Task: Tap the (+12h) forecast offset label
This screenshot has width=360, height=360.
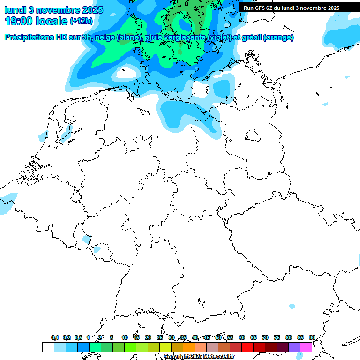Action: (81, 21)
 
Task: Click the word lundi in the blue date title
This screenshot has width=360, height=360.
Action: (15, 9)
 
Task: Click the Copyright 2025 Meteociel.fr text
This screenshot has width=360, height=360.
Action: (199, 356)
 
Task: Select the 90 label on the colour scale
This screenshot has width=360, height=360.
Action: (312, 337)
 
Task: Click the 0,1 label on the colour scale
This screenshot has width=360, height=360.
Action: (54, 337)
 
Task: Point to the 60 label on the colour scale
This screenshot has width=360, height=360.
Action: (241, 337)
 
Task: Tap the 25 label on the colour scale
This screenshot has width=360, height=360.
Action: (159, 337)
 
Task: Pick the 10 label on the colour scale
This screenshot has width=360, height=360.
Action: (124, 337)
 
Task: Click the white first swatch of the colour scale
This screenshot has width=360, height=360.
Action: (48, 347)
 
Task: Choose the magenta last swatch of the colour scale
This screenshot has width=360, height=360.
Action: (306, 347)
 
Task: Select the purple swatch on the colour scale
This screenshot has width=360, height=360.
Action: (294, 347)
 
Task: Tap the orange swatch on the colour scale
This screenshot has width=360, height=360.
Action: (189, 347)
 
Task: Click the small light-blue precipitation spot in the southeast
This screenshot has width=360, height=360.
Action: (292, 306)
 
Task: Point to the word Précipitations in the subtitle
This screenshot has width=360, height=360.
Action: (29, 37)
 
